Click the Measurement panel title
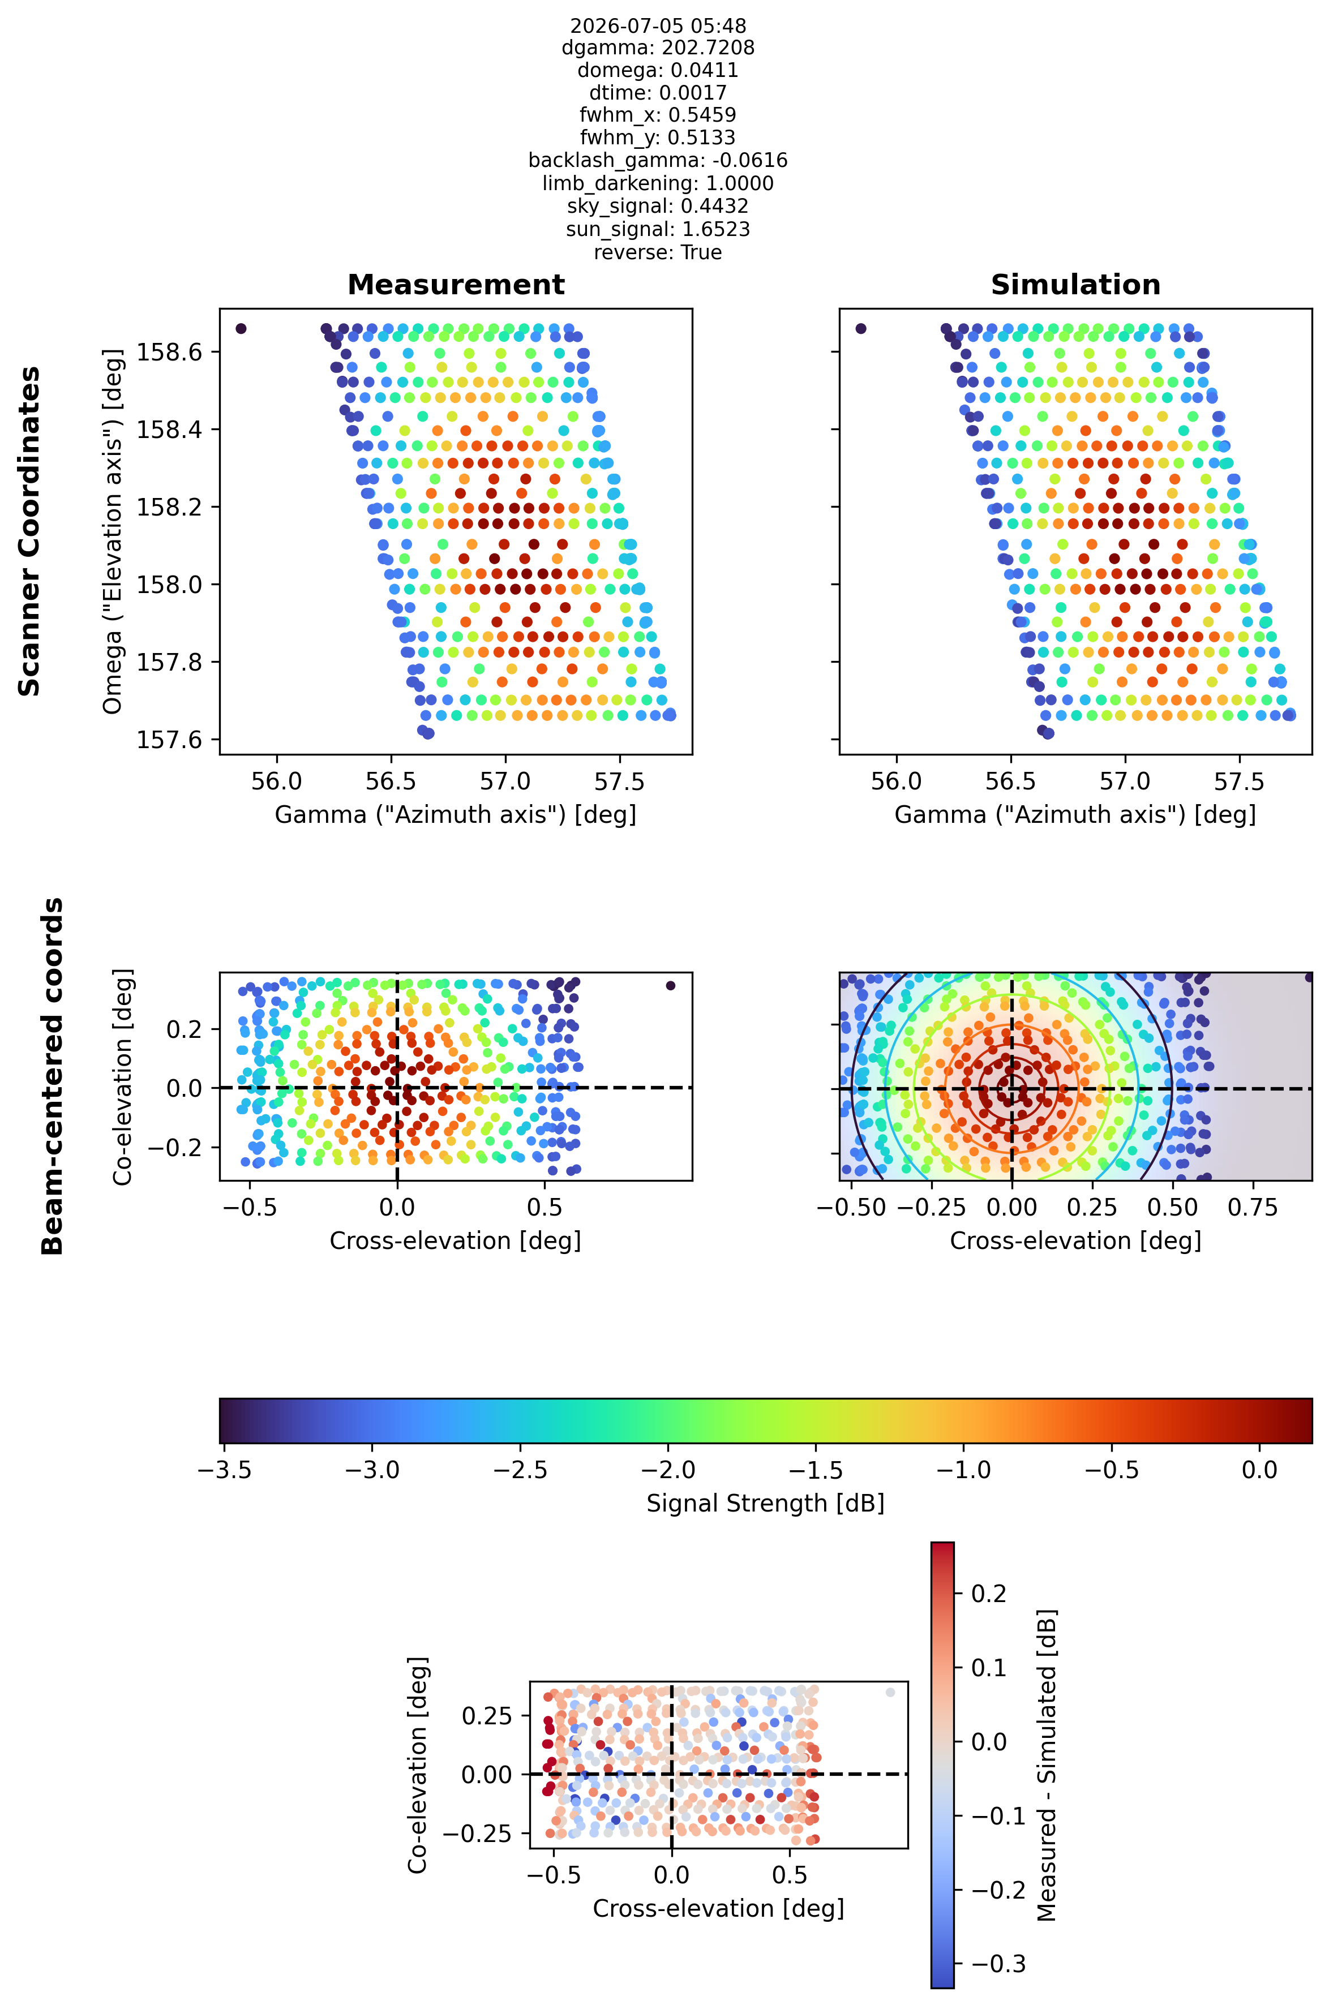(x=456, y=285)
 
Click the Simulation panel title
(x=1075, y=285)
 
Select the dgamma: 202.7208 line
(x=658, y=48)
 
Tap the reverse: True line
(x=658, y=252)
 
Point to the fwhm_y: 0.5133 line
(x=658, y=138)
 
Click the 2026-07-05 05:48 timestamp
(x=658, y=26)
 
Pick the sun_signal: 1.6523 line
(x=658, y=230)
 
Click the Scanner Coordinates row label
(x=29, y=531)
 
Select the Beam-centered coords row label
(x=53, y=1076)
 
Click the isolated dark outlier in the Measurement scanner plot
(x=241, y=329)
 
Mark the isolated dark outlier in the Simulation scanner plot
(x=861, y=329)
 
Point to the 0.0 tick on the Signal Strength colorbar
(x=1259, y=1469)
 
